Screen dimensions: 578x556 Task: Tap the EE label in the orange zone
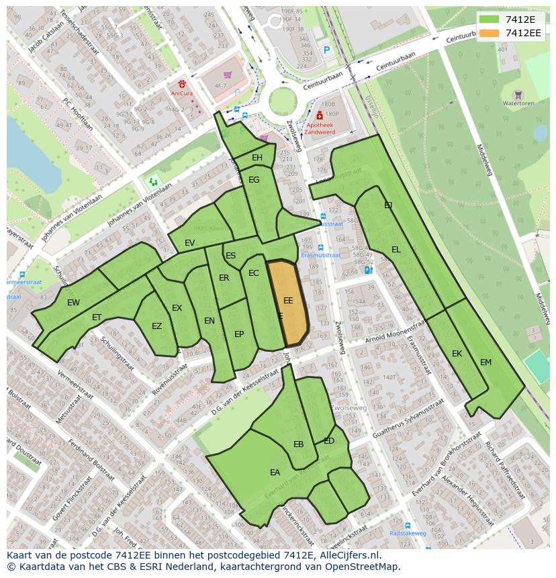tap(288, 301)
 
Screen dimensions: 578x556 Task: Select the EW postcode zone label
tap(73, 303)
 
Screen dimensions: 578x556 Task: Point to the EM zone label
tap(485, 363)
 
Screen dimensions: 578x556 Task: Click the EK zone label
tap(457, 354)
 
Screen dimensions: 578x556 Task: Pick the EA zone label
tap(275, 473)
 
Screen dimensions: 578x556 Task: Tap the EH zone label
tap(257, 158)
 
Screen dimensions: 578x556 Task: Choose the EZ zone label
tap(156, 327)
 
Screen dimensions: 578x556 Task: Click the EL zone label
tap(396, 250)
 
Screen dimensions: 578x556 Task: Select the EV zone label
tap(190, 243)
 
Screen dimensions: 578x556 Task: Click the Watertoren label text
tap(518, 104)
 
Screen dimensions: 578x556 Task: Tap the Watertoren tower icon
tap(518, 95)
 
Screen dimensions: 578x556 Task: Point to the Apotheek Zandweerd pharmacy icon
tap(320, 115)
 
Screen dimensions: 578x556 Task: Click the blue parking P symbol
tap(326, 50)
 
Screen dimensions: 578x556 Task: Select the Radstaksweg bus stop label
tap(408, 534)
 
